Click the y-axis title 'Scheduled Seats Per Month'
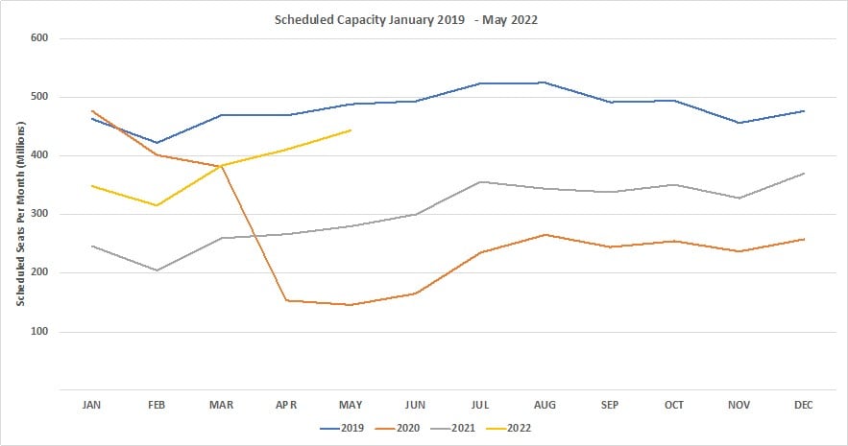click(18, 215)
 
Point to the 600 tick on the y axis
click(39, 38)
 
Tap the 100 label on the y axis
click(39, 332)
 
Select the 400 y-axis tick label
click(39, 155)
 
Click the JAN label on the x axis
click(92, 406)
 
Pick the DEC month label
click(804, 406)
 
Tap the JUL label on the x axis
click(480, 406)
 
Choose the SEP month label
click(610, 406)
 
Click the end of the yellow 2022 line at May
click(351, 129)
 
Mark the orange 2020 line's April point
click(286, 300)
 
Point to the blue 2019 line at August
click(545, 82)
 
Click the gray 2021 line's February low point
click(157, 270)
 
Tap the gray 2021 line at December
click(804, 173)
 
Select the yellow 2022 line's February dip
click(157, 205)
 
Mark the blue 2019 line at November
click(739, 123)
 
